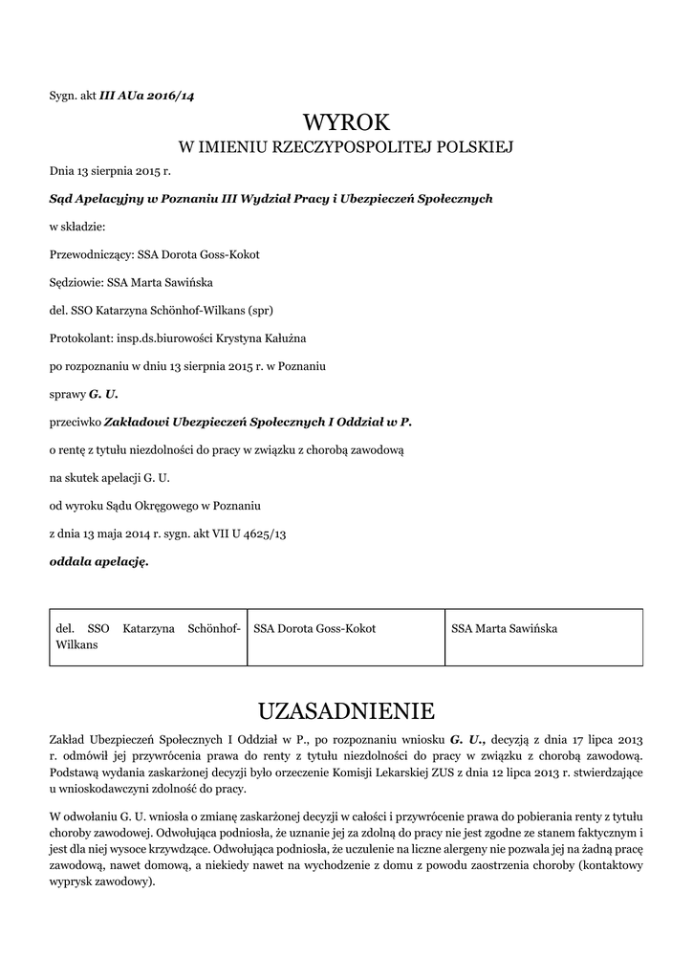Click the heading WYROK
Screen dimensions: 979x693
[x=346, y=122]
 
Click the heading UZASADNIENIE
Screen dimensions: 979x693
[x=346, y=710]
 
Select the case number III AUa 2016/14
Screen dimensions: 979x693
[x=147, y=95]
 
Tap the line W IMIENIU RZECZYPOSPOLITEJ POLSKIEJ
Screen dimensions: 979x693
[x=346, y=147]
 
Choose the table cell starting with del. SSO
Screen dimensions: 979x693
[x=148, y=637]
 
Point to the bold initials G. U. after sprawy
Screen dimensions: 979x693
[x=103, y=393]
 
